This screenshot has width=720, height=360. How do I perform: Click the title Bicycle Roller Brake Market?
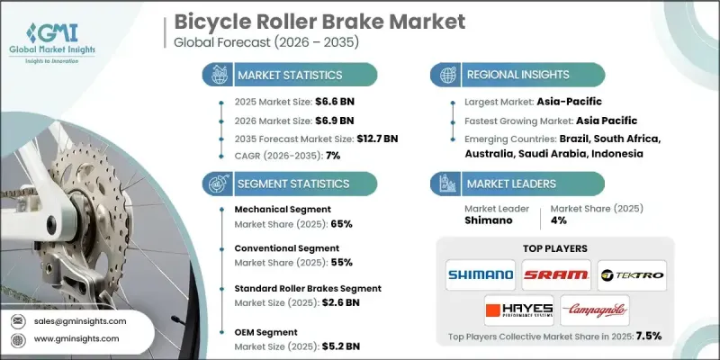click(320, 20)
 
